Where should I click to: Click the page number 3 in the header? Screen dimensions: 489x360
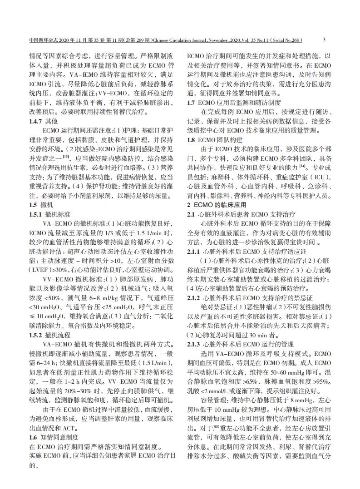click(x=323, y=40)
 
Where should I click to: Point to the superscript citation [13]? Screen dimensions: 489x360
click(x=66, y=156)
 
